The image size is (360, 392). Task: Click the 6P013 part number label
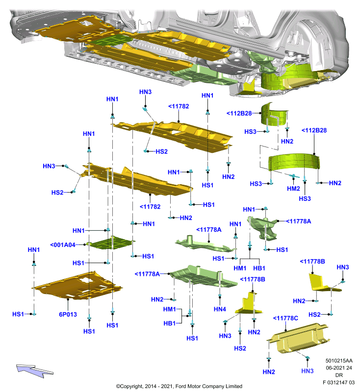pos(68,314)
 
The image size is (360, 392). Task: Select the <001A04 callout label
pos(63,245)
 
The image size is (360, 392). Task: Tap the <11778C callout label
pos(285,318)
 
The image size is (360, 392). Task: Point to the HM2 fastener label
pos(293,189)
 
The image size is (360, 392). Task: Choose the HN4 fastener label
pos(220,309)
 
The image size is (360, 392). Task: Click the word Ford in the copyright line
pos(180,386)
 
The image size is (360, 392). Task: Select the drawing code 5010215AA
pos(339,361)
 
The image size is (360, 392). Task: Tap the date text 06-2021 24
pos(339,368)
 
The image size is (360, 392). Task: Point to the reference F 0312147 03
pos(338,382)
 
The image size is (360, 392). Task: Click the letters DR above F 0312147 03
pos(339,375)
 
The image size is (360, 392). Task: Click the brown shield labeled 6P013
pos(77,286)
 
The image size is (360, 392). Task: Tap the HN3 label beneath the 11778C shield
pos(307,371)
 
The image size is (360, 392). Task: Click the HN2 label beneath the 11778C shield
pos(269,372)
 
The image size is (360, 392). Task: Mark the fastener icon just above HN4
pos(220,296)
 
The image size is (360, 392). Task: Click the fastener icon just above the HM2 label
pos(293,176)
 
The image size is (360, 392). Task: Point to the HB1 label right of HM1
pos(259,268)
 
